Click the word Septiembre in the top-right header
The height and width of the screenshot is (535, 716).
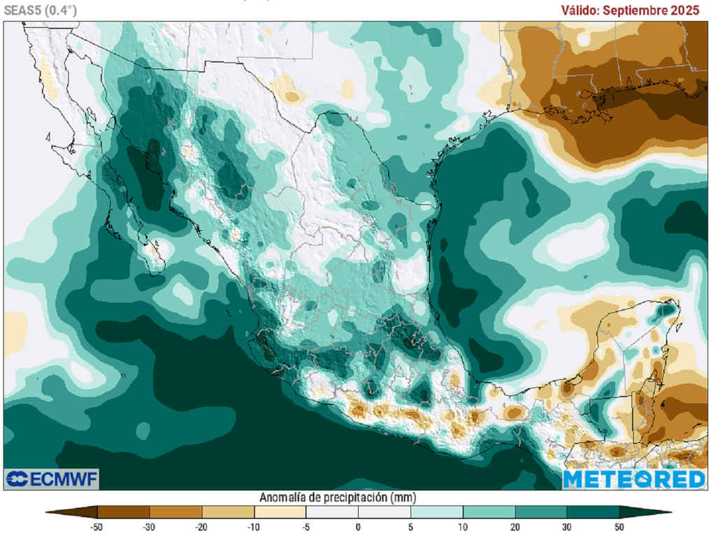click(x=642, y=10)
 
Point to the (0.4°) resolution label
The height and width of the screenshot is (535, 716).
click(x=62, y=10)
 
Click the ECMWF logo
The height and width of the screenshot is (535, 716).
click(x=52, y=479)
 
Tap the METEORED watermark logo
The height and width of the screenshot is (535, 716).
click(x=634, y=479)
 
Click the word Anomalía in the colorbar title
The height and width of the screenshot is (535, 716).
click(x=285, y=498)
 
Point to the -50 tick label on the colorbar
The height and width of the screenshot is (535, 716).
click(x=97, y=527)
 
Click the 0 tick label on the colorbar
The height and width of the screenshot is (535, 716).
click(x=358, y=527)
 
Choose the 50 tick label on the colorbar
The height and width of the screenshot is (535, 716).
click(x=619, y=527)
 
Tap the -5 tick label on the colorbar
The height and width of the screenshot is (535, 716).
click(x=306, y=527)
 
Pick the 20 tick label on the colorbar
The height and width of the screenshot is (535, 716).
click(x=515, y=527)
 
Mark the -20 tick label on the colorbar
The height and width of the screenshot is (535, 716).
click(x=201, y=527)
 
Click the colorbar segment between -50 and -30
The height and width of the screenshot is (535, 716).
click(x=123, y=512)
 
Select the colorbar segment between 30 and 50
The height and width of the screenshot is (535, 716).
click(x=593, y=512)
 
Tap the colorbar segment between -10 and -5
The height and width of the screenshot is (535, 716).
click(x=280, y=512)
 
